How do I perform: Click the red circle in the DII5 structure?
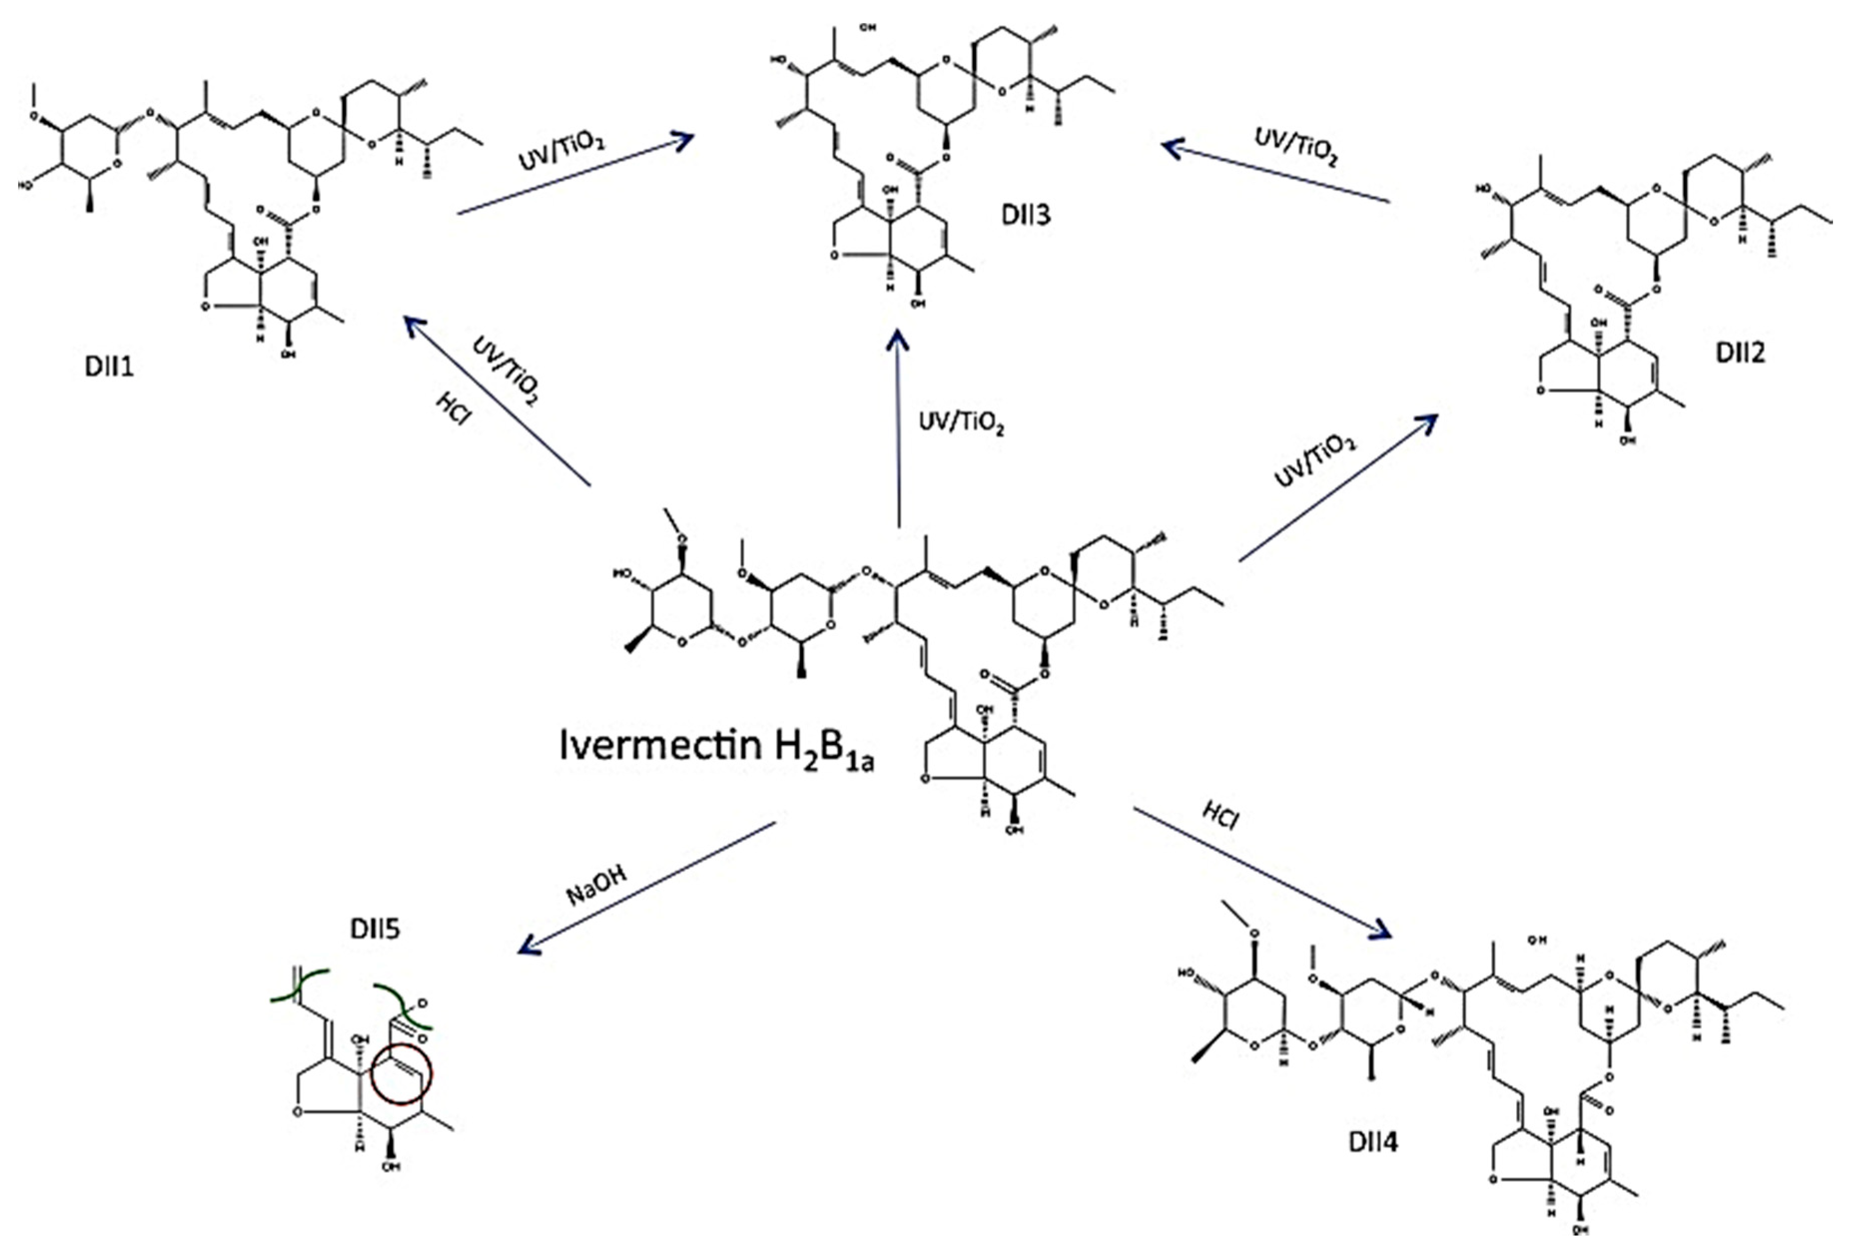(401, 1074)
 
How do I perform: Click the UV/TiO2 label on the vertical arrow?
(961, 422)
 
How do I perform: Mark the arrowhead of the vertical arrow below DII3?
(898, 339)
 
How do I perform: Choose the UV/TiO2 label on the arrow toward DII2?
(1313, 462)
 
